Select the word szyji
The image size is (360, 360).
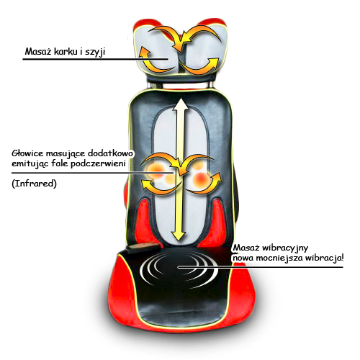click(x=96, y=53)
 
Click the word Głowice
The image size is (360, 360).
click(x=27, y=153)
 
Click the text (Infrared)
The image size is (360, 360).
click(x=35, y=184)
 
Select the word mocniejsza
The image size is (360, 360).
click(x=279, y=258)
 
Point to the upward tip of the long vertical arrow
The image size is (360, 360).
click(x=180, y=98)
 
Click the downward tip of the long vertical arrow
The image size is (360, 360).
click(x=179, y=240)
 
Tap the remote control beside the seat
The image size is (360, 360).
click(x=143, y=248)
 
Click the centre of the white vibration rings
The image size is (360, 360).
click(x=179, y=266)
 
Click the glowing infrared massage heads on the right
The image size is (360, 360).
click(x=199, y=174)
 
